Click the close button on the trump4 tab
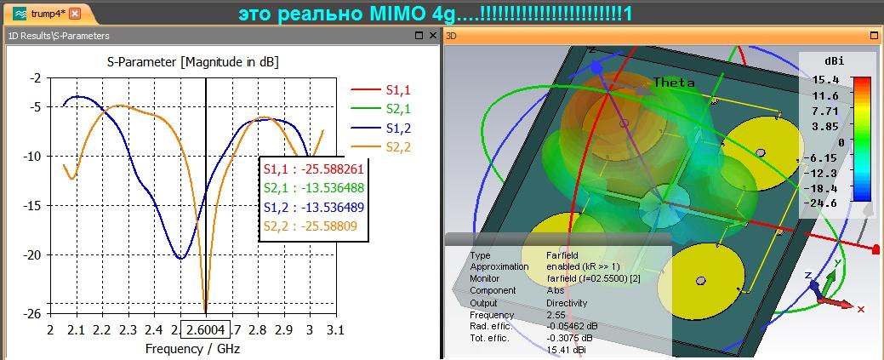click(x=76, y=14)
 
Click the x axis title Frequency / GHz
click(x=193, y=348)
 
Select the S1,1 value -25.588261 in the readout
click(x=344, y=169)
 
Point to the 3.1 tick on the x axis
click(x=334, y=329)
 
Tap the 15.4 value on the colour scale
click(x=826, y=79)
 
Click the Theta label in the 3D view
click(x=673, y=83)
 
